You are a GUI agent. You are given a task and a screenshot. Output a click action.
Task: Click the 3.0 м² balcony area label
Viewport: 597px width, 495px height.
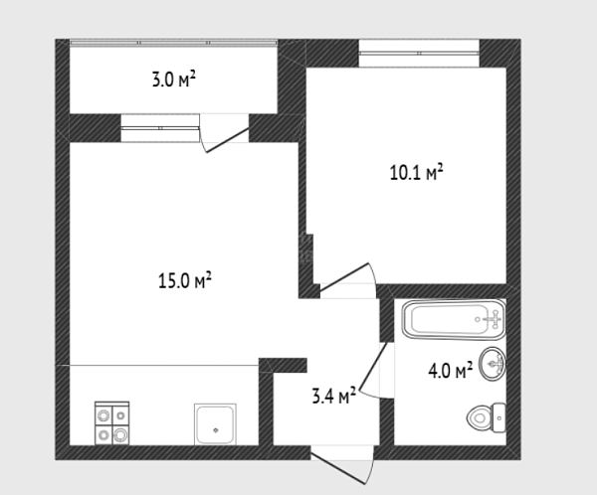pyautogui.click(x=174, y=80)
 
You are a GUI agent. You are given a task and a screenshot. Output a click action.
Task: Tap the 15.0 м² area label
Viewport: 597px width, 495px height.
pyautogui.click(x=185, y=280)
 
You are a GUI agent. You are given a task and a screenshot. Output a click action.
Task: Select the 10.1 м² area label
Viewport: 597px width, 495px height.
pyautogui.click(x=417, y=172)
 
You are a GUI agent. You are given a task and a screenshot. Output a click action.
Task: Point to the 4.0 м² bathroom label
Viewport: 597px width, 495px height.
pyautogui.click(x=451, y=371)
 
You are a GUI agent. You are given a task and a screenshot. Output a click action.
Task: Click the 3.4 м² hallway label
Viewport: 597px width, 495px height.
pyautogui.click(x=334, y=396)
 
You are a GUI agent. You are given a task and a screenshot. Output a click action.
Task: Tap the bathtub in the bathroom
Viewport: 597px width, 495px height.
pyautogui.click(x=454, y=320)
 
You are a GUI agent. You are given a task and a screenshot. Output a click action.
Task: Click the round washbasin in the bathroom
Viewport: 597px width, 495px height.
pyautogui.click(x=493, y=364)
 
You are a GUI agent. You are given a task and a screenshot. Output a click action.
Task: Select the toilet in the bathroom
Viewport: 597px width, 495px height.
pyautogui.click(x=487, y=417)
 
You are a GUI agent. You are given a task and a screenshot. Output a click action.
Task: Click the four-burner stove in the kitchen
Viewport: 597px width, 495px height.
pyautogui.click(x=111, y=422)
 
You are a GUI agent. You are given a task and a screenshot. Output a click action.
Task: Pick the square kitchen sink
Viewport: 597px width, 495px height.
pyautogui.click(x=215, y=423)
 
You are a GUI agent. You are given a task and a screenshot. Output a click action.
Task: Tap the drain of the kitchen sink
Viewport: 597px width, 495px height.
pyautogui.click(x=216, y=430)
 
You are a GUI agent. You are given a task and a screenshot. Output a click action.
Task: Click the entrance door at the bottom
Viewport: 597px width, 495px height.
pyautogui.click(x=338, y=467)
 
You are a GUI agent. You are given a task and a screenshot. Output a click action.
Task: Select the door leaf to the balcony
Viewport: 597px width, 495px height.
pyautogui.click(x=227, y=140)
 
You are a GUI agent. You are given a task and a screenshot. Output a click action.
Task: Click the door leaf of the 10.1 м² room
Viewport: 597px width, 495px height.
pyautogui.click(x=344, y=277)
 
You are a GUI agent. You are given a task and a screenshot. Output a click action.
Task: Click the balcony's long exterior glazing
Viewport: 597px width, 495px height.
pyautogui.click(x=173, y=43)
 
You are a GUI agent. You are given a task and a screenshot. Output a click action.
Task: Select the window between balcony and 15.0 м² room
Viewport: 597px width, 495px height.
pyautogui.click(x=160, y=128)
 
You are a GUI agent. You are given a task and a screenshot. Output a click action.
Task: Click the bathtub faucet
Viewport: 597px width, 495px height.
pyautogui.click(x=495, y=319)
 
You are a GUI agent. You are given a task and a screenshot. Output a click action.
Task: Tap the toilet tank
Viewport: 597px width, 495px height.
pyautogui.click(x=499, y=417)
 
